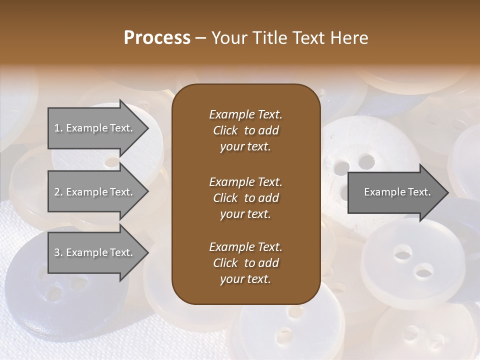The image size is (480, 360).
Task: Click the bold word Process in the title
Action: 157,38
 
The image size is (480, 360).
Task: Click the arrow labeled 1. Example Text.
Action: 95,128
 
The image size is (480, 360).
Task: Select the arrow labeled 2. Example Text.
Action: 95,192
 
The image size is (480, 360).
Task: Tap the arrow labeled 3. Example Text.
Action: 95,252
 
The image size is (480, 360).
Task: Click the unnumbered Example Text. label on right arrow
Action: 397,192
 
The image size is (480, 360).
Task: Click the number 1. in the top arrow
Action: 58,128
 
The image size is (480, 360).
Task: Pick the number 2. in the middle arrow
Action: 58,192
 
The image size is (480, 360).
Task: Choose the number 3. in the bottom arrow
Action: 58,252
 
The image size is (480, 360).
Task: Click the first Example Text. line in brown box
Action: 245,114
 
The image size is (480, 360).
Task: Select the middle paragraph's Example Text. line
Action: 245,181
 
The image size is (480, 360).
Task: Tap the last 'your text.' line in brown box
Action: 245,279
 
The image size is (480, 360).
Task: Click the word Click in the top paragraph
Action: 225,130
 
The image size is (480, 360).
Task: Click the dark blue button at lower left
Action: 55,285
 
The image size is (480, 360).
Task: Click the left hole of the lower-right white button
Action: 402,252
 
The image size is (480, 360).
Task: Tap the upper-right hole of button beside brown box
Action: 366,161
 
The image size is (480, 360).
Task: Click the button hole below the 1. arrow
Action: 111,162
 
